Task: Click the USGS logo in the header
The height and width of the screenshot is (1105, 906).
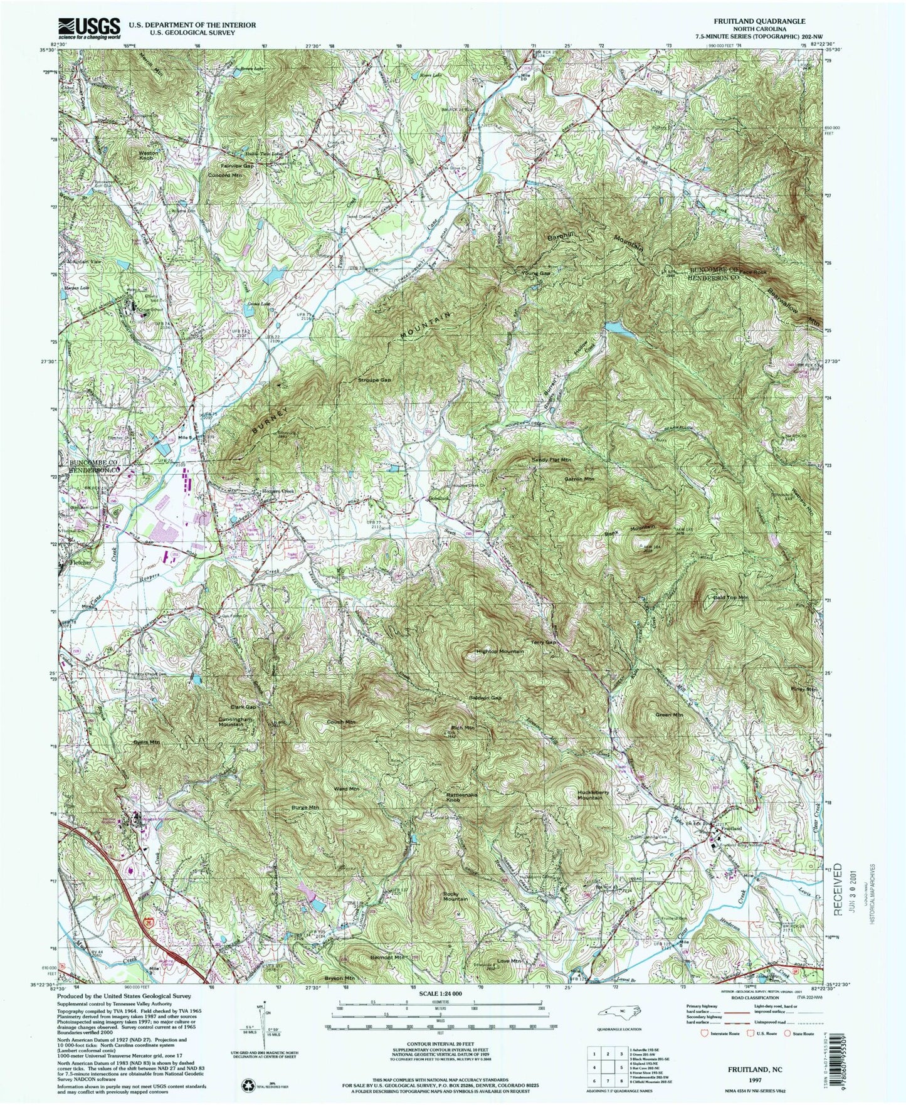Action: (89, 28)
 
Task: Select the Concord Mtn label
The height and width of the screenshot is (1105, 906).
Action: (224, 176)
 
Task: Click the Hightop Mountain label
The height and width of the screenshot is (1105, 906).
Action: (500, 652)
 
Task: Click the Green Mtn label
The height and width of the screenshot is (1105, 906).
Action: (669, 715)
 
